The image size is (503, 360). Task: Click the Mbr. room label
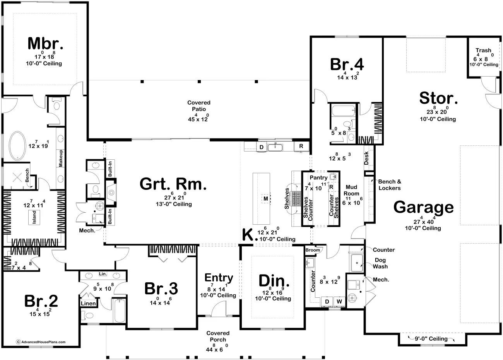[45, 44]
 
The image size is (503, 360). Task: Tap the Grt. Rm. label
[173, 184]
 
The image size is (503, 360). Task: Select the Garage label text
[423, 208]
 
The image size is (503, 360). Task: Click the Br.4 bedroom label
[347, 64]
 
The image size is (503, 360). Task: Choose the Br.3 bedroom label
[161, 288]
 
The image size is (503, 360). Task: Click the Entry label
[219, 278]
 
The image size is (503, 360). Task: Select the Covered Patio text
[199, 106]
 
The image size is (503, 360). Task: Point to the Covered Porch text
[218, 336]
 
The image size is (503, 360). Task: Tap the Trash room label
[483, 50]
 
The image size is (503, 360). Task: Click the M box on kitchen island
[265, 198]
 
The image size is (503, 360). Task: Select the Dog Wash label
[380, 263]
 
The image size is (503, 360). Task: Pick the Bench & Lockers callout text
[389, 184]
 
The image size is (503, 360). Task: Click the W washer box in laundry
[339, 301]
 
